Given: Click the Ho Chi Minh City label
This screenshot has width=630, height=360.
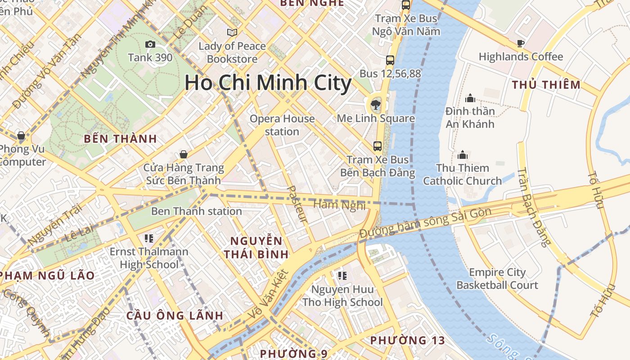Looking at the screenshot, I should pyautogui.click(x=268, y=83).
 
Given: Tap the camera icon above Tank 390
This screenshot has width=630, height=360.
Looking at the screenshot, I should pyautogui.click(x=150, y=44).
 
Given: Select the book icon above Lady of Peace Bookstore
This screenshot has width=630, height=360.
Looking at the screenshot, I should pyautogui.click(x=232, y=32).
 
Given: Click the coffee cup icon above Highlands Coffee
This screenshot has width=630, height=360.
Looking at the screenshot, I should pyautogui.click(x=521, y=43).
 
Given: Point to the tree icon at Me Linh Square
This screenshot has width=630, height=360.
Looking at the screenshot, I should pyautogui.click(x=375, y=105).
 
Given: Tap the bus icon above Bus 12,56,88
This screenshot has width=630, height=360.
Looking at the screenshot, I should pyautogui.click(x=390, y=60).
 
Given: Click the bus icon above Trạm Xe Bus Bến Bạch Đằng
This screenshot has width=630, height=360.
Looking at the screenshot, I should pyautogui.click(x=377, y=146).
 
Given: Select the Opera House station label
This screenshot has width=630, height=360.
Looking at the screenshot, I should pyautogui.click(x=282, y=125).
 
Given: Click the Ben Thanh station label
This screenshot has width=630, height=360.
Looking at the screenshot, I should pyautogui.click(x=196, y=211).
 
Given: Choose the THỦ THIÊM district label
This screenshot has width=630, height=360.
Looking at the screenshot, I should pyautogui.click(x=546, y=85).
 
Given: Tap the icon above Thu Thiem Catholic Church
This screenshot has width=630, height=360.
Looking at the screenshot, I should pyautogui.click(x=462, y=155).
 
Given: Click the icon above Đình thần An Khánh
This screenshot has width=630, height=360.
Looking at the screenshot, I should pyautogui.click(x=470, y=98).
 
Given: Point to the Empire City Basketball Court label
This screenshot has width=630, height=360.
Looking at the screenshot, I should pyautogui.click(x=497, y=279).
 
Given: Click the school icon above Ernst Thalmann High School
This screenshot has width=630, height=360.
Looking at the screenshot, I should pyautogui.click(x=149, y=238).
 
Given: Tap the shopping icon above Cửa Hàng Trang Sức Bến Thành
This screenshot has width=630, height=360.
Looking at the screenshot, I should pyautogui.click(x=183, y=154).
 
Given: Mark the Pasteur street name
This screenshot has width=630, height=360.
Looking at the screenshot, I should pyautogui.click(x=297, y=204).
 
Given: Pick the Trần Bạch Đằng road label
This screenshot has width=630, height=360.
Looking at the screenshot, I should pyautogui.click(x=533, y=207).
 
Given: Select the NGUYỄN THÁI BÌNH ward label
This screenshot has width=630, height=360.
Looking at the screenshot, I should pyautogui.click(x=256, y=247).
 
